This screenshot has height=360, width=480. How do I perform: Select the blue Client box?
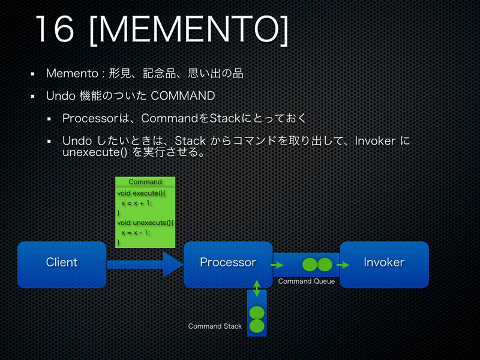point(62,263)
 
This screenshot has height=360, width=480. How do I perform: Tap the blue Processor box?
point(228,263)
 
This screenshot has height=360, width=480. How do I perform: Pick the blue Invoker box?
point(384,263)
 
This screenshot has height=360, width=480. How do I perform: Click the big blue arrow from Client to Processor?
point(144,264)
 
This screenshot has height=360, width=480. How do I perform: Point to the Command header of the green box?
point(145,182)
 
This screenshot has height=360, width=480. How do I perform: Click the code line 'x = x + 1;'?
point(137,203)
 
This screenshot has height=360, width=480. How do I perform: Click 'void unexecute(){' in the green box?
point(145,223)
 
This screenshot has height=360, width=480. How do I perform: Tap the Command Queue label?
point(307,281)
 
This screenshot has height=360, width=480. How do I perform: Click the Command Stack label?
point(215,326)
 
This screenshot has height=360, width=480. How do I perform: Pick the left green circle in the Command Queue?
point(310,264)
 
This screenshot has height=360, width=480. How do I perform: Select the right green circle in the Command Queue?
point(325,264)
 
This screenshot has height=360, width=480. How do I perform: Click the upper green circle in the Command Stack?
point(257,313)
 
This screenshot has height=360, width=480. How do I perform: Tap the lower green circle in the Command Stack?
point(257,326)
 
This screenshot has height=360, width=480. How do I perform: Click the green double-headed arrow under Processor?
point(257,287)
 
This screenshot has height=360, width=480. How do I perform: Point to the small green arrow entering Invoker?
point(343,264)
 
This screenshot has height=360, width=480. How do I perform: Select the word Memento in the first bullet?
point(72,74)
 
